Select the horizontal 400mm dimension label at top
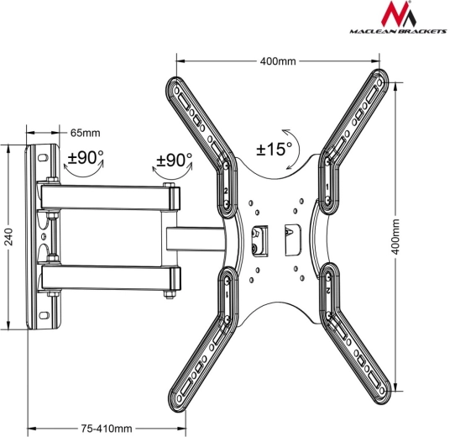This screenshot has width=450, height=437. pos(278,61)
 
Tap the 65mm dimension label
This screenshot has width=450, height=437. pos(85,133)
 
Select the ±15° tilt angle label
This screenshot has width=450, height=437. pos(274,150)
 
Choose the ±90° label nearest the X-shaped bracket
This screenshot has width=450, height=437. pos(175,160)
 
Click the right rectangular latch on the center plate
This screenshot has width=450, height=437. pos(291,239)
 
